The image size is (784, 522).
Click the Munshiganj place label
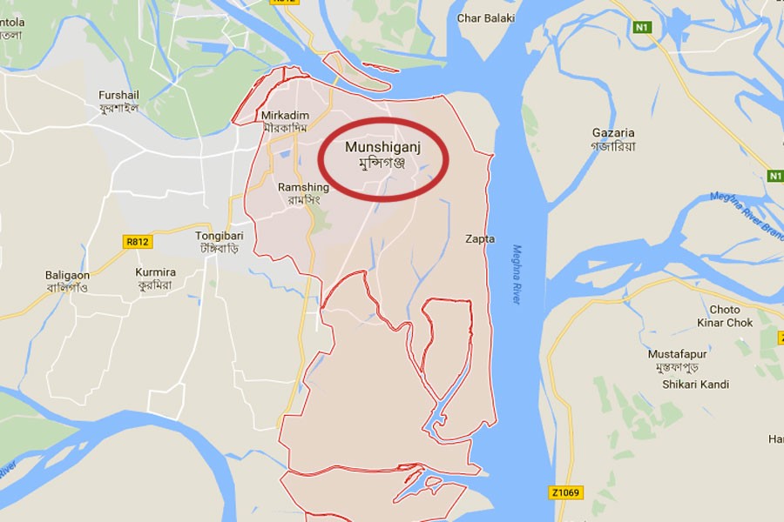382,148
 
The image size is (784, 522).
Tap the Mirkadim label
285,115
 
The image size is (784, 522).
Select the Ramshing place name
303,187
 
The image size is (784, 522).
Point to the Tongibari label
219,236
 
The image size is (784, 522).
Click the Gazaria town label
613,133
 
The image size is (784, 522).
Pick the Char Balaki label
486,18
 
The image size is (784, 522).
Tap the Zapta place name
480,238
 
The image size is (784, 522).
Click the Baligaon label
67,275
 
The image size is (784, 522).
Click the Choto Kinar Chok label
724,316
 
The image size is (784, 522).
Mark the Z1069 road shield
565,492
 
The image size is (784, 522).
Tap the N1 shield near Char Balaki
642,28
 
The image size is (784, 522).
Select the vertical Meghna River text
516,274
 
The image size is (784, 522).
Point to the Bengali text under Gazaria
613,146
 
